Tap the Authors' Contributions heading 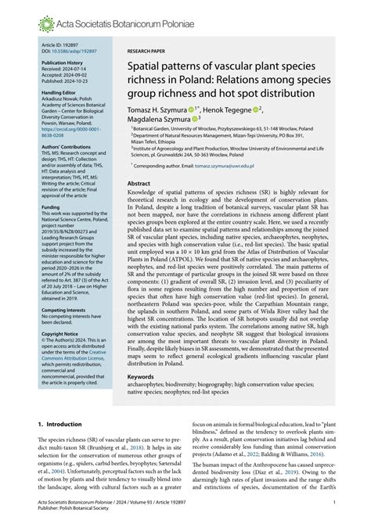pos(67,145)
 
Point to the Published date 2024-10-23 pos(61,80)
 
